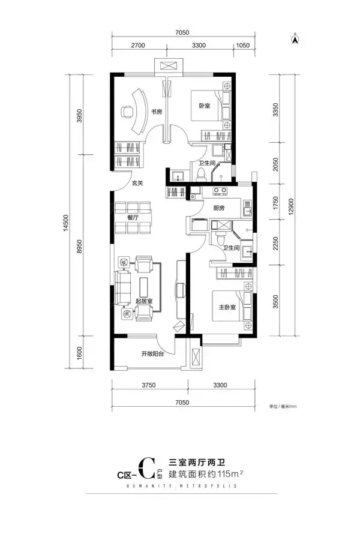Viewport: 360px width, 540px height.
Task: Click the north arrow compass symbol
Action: [295, 38]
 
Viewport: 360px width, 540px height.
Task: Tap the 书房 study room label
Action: [157, 111]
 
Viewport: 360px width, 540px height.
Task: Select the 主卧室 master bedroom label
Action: [227, 307]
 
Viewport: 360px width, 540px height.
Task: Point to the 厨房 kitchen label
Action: [219, 208]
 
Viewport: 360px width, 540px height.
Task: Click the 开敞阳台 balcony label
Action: [152, 353]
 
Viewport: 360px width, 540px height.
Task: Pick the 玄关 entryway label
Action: [137, 183]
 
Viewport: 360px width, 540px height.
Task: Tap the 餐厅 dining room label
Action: [133, 218]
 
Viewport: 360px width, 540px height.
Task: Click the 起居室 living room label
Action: [144, 301]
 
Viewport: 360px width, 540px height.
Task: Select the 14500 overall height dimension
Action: [66, 223]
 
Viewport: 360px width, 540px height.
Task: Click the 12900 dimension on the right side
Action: [292, 206]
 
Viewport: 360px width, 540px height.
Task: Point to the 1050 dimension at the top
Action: [243, 45]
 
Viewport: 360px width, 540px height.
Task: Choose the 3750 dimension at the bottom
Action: [149, 385]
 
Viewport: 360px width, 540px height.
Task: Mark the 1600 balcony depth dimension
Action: [80, 353]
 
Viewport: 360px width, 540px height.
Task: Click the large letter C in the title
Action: [146, 469]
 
